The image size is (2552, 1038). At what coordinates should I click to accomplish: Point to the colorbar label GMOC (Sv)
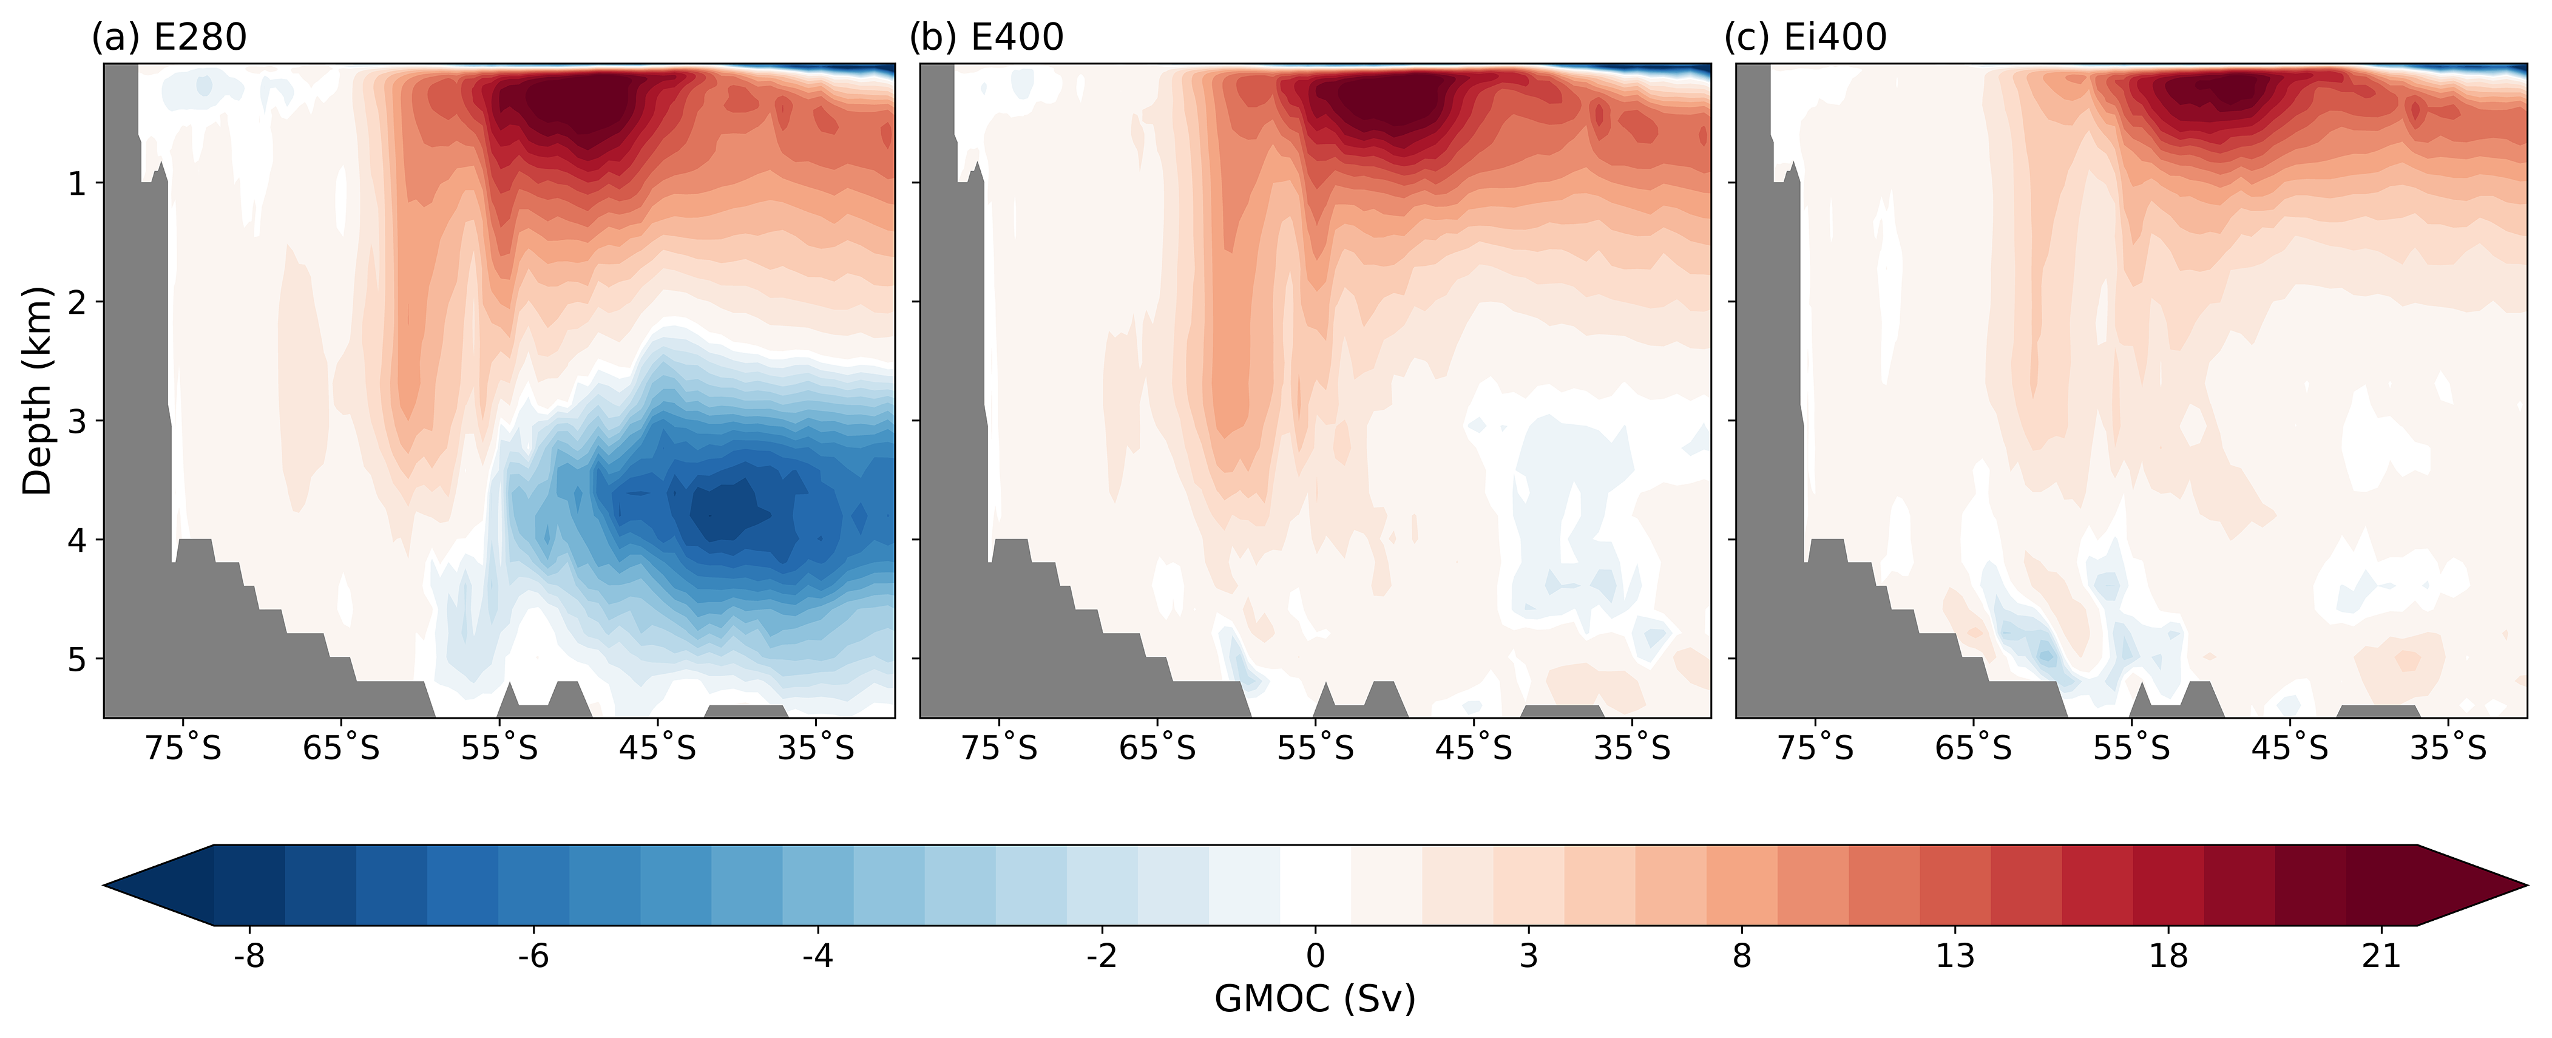(x=1315, y=999)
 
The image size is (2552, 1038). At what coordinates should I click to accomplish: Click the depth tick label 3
(x=77, y=421)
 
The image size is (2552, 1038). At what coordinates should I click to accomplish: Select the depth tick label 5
(x=77, y=659)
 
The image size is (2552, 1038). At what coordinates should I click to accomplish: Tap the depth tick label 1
(x=77, y=183)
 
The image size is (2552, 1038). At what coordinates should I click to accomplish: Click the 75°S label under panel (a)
(x=183, y=748)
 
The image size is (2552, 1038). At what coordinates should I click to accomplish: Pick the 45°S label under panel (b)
(x=1474, y=748)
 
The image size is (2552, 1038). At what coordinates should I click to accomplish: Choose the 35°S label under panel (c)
(x=2448, y=748)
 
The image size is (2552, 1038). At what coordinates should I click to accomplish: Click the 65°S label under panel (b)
(x=1157, y=748)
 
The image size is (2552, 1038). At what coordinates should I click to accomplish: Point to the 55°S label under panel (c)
(x=2132, y=748)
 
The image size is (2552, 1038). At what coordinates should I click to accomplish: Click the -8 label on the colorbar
(x=249, y=956)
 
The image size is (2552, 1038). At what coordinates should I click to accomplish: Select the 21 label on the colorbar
(x=2381, y=956)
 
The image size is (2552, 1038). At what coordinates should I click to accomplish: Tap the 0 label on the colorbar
(x=1315, y=956)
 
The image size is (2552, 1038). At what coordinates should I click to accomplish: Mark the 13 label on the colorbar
(x=1955, y=956)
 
